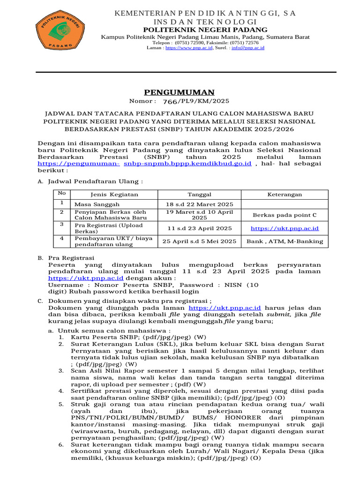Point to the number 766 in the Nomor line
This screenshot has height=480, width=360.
click(170, 102)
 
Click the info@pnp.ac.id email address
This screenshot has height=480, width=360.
click(247, 48)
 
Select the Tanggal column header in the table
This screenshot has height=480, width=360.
click(199, 195)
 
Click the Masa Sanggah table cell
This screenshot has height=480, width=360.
click(97, 204)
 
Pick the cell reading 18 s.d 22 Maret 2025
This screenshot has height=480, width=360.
click(199, 204)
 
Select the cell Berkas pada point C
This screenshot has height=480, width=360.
click(285, 215)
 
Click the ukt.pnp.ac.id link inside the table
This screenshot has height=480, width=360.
click(285, 228)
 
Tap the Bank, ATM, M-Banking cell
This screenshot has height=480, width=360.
click(285, 241)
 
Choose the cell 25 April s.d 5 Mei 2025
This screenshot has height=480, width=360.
click(199, 241)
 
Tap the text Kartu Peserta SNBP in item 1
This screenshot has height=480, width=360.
click(100, 337)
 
